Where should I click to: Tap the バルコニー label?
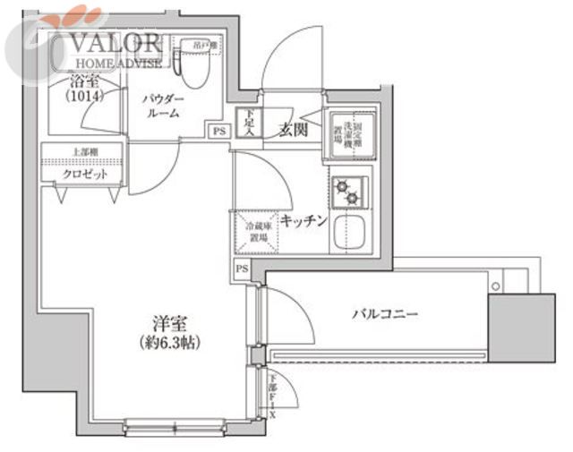coord(385,314)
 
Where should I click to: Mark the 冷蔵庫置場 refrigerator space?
coord(255,230)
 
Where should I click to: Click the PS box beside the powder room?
coord(218,131)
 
